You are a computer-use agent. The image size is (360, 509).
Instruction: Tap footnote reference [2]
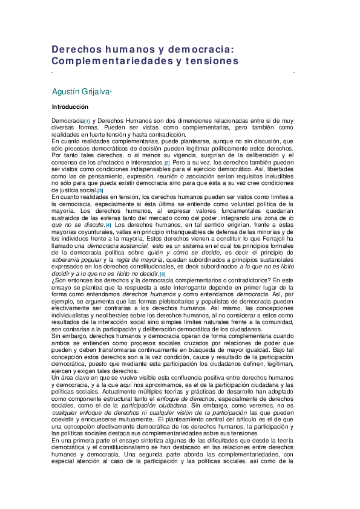167,163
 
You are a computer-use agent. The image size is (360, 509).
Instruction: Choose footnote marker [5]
162,274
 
